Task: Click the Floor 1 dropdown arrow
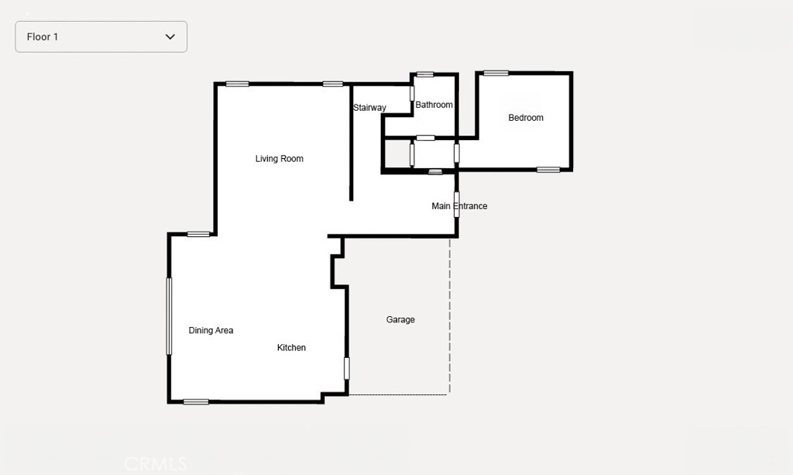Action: [x=170, y=36]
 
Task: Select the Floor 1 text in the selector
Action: [x=43, y=37]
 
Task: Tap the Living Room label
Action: [x=279, y=158]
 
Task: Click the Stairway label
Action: [x=369, y=107]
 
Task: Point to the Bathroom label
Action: [x=434, y=105]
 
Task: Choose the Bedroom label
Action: [x=526, y=117]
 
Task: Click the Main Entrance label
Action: [x=459, y=206]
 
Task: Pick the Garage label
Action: [x=400, y=319]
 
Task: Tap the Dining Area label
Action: [x=211, y=330]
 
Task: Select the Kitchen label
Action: [x=291, y=347]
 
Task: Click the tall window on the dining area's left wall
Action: [x=169, y=316]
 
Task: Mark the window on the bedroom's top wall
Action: [x=496, y=74]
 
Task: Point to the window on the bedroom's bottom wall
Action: [x=548, y=170]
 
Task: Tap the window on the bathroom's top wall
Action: [x=425, y=75]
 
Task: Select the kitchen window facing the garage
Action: [x=347, y=368]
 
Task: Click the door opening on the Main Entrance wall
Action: [x=457, y=205]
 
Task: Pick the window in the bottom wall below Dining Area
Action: [x=196, y=402]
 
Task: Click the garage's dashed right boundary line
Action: [x=450, y=316]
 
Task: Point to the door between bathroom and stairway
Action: [x=412, y=94]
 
